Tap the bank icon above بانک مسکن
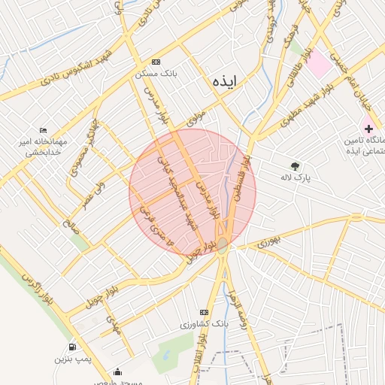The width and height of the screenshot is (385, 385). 156,62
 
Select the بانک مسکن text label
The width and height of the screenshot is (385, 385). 156,74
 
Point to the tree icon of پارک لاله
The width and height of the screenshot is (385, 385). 295,166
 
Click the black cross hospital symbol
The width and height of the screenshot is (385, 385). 368,129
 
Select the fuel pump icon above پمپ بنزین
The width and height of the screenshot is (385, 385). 72,347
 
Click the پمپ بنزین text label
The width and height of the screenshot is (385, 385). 72,359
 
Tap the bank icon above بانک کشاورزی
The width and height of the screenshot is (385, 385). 203,312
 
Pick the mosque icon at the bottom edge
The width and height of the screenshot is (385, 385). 117,372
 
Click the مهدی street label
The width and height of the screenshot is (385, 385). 113,323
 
